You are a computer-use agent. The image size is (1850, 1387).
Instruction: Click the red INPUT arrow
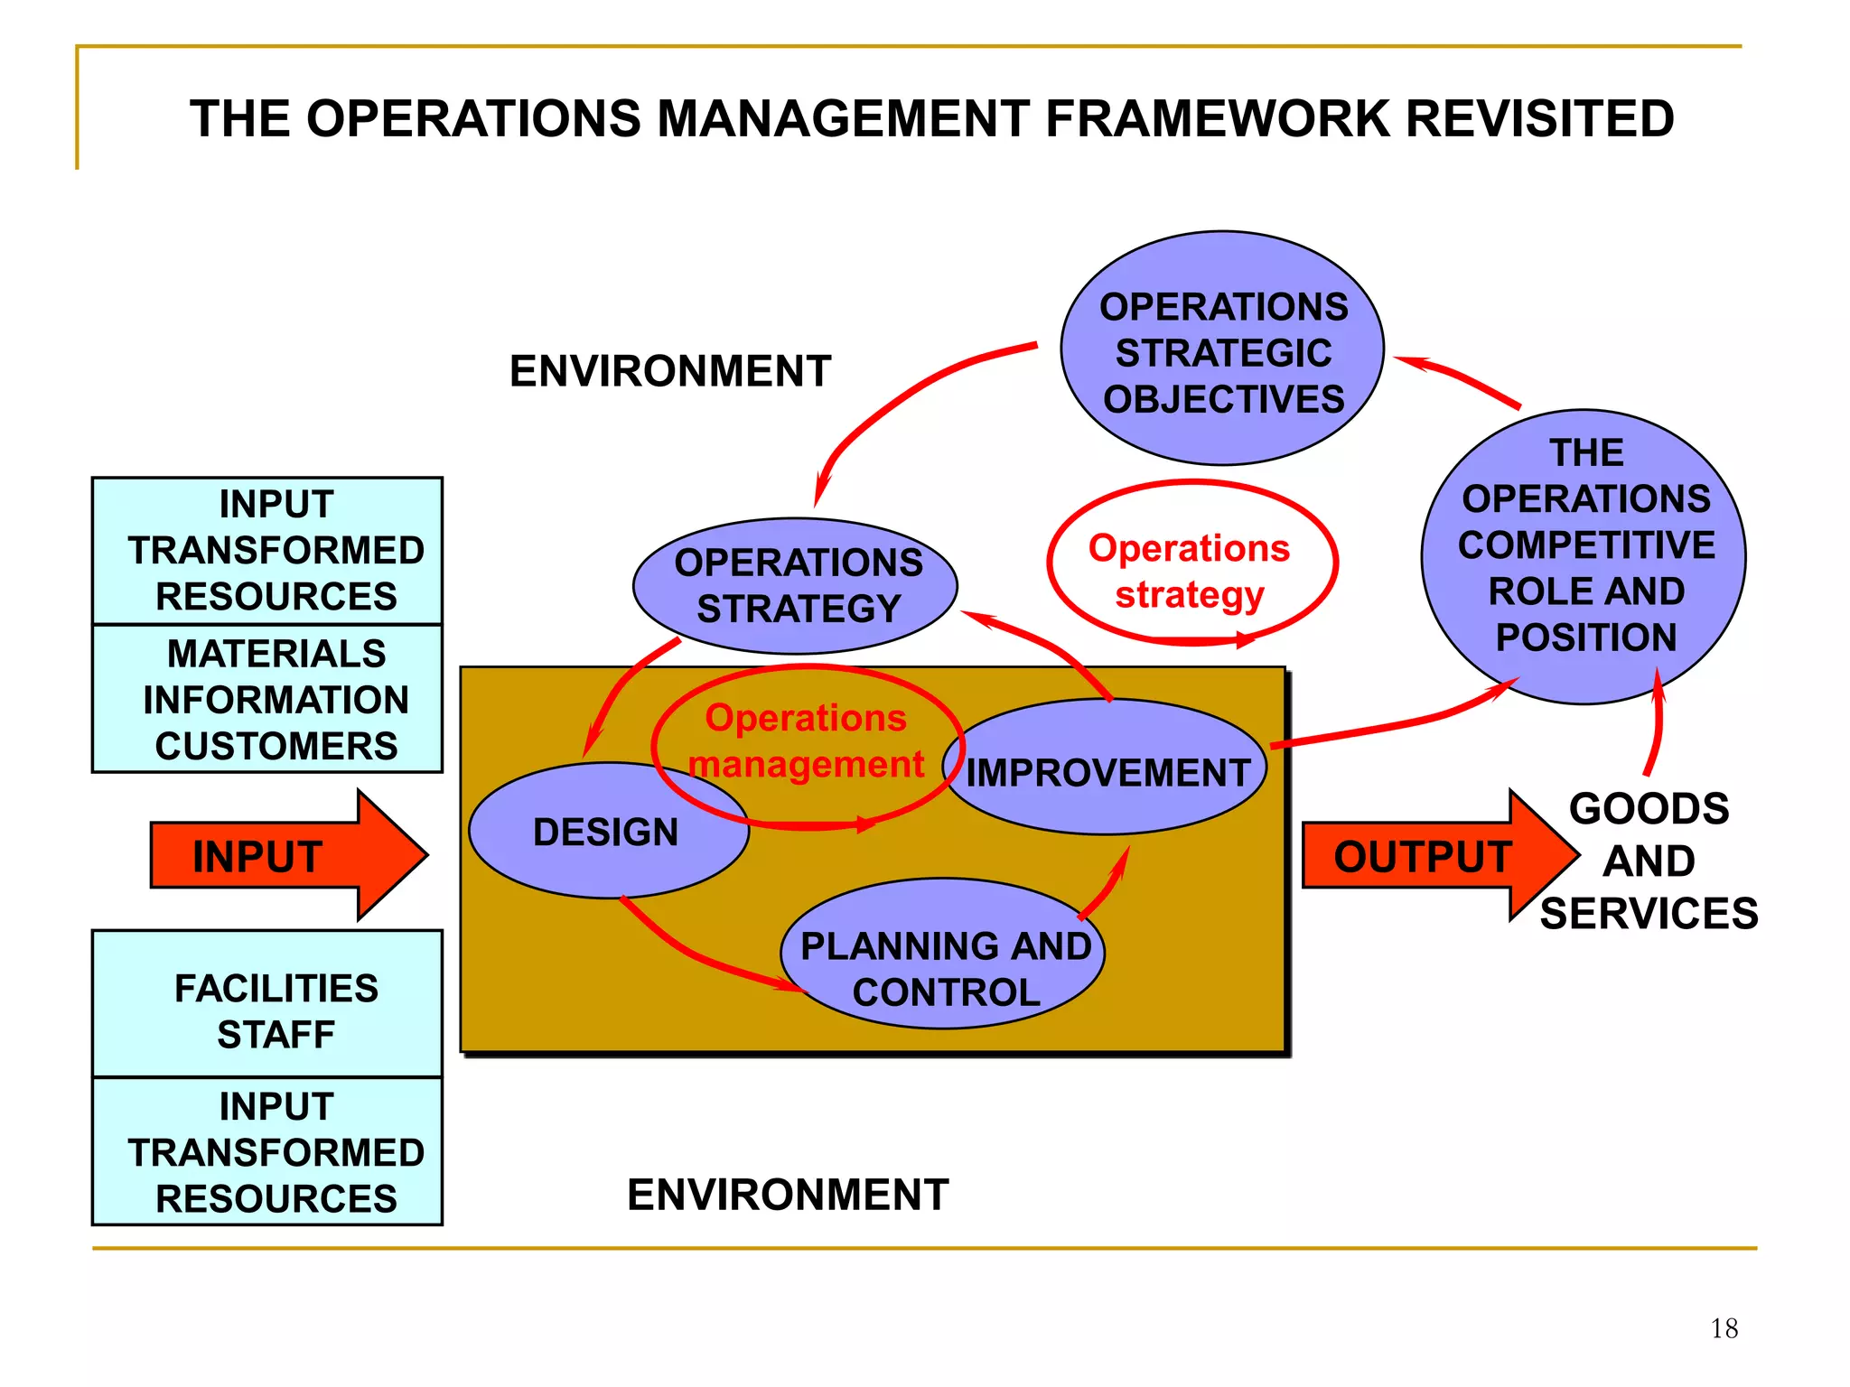pyautogui.click(x=271, y=856)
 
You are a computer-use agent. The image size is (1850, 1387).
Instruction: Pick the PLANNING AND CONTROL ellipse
pyautogui.click(x=945, y=970)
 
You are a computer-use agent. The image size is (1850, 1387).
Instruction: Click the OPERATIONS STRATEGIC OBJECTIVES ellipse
pyautogui.click(x=1222, y=352)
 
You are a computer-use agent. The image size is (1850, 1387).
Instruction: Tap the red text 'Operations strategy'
pyautogui.click(x=1189, y=571)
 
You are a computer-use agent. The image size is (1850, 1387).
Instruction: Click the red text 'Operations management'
pyautogui.click(x=806, y=740)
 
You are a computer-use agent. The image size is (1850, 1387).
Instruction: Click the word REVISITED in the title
pyautogui.click(x=1539, y=119)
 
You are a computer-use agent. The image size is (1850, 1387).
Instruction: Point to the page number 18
pyautogui.click(x=1724, y=1328)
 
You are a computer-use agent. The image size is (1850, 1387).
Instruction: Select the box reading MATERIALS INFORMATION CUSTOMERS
pyautogui.click(x=276, y=699)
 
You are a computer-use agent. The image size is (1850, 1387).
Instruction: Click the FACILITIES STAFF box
pyautogui.click(x=276, y=1010)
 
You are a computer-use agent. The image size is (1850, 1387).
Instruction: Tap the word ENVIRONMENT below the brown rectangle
pyautogui.click(x=788, y=1195)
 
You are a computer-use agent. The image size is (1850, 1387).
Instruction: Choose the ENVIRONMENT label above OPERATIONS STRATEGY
pyautogui.click(x=670, y=371)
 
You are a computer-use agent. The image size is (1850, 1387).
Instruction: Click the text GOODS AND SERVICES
pyautogui.click(x=1649, y=861)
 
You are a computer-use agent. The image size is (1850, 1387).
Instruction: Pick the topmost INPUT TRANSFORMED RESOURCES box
pyautogui.click(x=276, y=550)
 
